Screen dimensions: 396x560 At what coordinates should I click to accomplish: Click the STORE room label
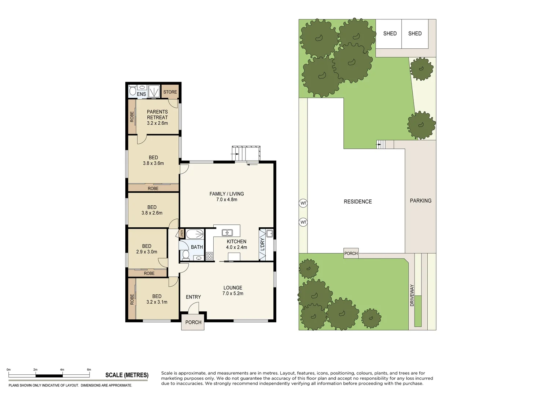click(x=170, y=92)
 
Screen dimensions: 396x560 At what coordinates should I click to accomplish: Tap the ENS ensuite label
click(x=141, y=94)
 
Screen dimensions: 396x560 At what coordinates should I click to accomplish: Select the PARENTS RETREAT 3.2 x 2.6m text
click(x=157, y=117)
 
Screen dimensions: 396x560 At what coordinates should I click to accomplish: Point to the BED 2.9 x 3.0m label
click(x=147, y=249)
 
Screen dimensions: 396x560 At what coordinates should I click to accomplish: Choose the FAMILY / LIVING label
click(x=226, y=197)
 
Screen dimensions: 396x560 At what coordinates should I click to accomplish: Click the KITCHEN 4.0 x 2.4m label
click(x=236, y=244)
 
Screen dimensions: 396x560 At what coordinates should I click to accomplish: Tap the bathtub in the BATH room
click(x=195, y=234)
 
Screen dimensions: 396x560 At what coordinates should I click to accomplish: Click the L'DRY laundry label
click(x=262, y=245)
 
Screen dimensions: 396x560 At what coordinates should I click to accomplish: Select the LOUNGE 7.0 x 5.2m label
click(x=233, y=290)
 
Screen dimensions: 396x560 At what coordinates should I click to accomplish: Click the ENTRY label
click(x=193, y=297)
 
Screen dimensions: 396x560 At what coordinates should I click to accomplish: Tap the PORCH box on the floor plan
click(x=193, y=322)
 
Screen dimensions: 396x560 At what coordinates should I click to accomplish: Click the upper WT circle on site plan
click(x=303, y=203)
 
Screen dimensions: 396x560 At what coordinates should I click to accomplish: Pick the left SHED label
click(x=390, y=33)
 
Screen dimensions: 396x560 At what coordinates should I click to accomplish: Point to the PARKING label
click(x=420, y=201)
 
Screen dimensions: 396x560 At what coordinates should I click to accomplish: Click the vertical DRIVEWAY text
click(x=412, y=295)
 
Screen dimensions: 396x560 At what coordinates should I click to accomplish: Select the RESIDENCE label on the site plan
click(x=358, y=201)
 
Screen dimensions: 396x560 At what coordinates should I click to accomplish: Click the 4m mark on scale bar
click(x=62, y=370)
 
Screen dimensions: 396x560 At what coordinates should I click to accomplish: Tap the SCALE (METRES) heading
click(x=127, y=375)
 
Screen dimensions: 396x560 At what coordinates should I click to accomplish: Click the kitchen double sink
click(x=227, y=232)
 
